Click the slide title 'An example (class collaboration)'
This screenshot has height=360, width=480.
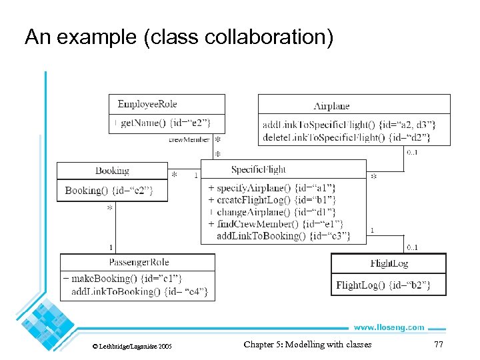(x=179, y=37)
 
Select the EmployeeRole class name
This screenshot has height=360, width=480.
(x=147, y=104)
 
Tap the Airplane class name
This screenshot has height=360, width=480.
(x=331, y=106)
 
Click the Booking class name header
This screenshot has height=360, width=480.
(x=112, y=171)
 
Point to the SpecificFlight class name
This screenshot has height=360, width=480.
(x=259, y=170)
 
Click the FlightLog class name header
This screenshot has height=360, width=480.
(x=389, y=263)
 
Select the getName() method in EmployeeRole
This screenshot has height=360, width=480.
(x=163, y=123)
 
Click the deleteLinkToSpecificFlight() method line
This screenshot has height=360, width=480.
(x=346, y=137)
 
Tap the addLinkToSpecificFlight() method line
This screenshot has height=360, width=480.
(x=349, y=125)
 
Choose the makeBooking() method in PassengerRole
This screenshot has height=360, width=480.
(x=123, y=279)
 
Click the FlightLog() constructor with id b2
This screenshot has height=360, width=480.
(x=383, y=285)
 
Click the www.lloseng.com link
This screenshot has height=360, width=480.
(x=388, y=327)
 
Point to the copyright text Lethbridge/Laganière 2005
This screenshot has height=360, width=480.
(x=131, y=347)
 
